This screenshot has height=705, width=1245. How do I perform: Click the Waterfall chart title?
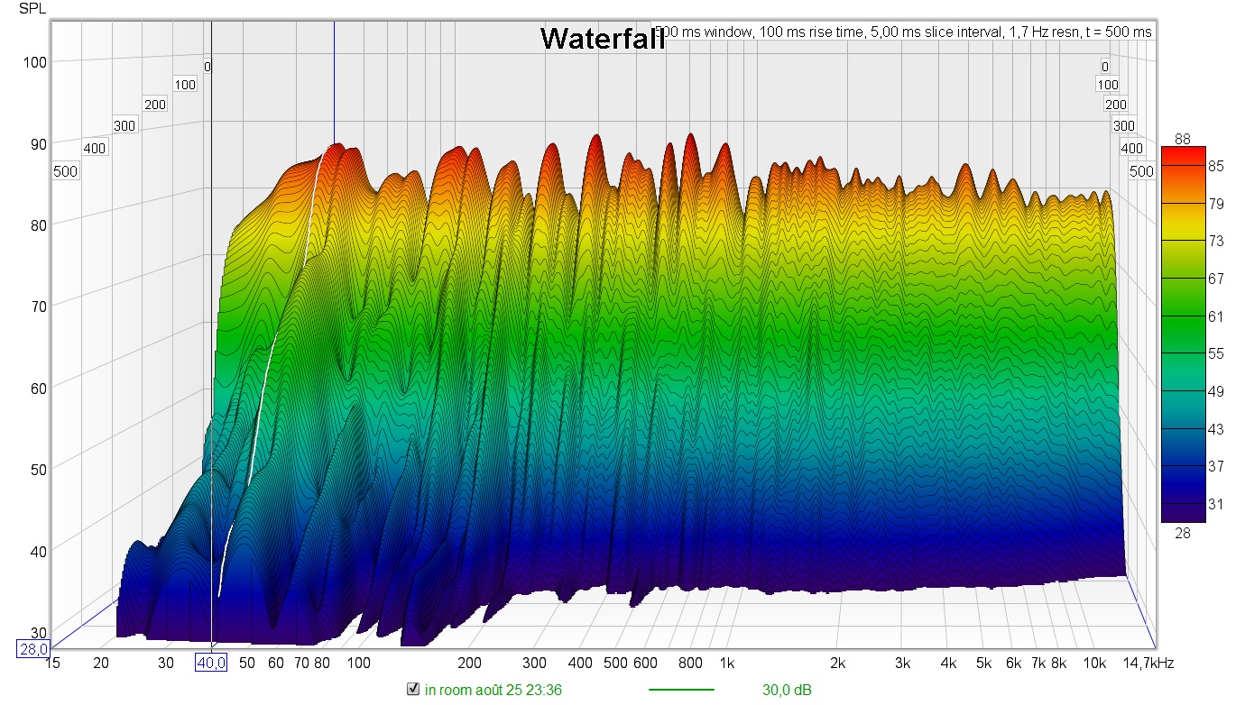click(x=603, y=38)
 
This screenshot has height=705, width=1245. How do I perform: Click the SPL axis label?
click(x=31, y=10)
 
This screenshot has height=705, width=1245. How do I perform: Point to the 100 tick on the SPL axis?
click(x=35, y=61)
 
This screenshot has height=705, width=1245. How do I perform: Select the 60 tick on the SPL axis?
click(x=35, y=386)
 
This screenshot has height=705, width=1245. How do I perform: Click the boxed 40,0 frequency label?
click(x=211, y=664)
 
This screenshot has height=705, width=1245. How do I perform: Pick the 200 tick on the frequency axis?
click(x=468, y=664)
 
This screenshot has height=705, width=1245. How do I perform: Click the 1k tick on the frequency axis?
click(x=727, y=664)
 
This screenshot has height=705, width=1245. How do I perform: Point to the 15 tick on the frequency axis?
click(x=52, y=664)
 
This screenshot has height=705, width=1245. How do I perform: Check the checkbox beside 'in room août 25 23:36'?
click(x=413, y=690)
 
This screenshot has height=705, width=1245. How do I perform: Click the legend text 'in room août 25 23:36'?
click(x=493, y=691)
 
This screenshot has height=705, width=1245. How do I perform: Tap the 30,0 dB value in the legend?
click(x=786, y=691)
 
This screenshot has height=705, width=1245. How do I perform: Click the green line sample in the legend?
click(x=681, y=691)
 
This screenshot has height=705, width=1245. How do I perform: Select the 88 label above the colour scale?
click(x=1183, y=138)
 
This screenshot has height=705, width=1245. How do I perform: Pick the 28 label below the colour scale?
click(x=1183, y=533)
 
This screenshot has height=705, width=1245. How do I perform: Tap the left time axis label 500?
click(x=66, y=171)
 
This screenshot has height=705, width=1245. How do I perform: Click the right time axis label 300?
click(x=1123, y=125)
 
